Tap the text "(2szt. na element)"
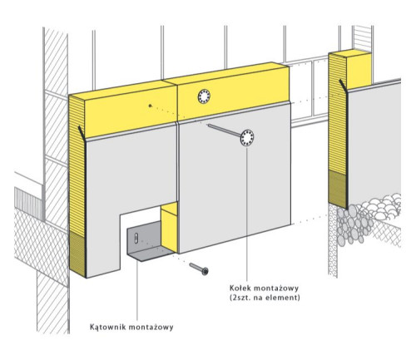pyautogui.click(x=265, y=298)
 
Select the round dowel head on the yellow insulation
pyautogui.click(x=204, y=96)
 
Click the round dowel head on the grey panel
pyautogui.click(x=247, y=137)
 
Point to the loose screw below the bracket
pyautogui.click(x=199, y=269)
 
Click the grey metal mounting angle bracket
pyautogui.click(x=147, y=243)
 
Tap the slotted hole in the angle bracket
pyautogui.click(x=136, y=239)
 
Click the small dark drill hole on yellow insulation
pyautogui.click(x=150, y=106)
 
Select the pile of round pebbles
pyautogui.click(x=366, y=219)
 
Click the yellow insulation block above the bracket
pyautogui.click(x=169, y=227)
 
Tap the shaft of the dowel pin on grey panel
pyautogui.click(x=224, y=130)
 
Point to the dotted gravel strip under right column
pyautogui.click(x=333, y=239)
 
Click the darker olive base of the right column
pyautogui.click(x=338, y=189)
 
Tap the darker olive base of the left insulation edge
pyautogui.click(x=77, y=254)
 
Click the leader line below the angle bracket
pyautogui.click(x=137, y=290)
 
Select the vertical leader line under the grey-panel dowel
pyautogui.click(x=246, y=214)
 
